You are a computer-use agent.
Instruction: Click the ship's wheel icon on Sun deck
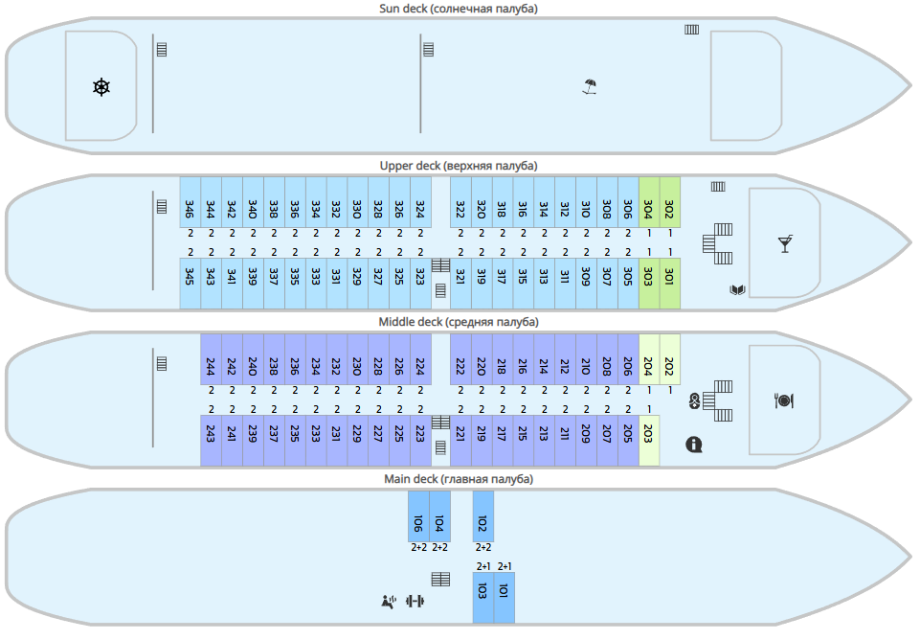101,88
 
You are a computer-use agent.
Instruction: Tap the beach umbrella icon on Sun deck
591,88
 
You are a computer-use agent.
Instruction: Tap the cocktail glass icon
785,243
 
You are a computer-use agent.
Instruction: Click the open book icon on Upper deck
737,289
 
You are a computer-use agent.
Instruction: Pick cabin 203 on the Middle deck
648,441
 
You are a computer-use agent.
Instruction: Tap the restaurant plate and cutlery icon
784,400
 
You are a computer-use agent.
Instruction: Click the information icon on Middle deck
694,445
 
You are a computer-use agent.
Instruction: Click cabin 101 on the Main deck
504,598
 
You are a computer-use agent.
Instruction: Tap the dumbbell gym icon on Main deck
415,602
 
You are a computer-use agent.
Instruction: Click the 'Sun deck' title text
458,9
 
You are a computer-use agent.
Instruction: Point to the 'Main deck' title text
459,478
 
